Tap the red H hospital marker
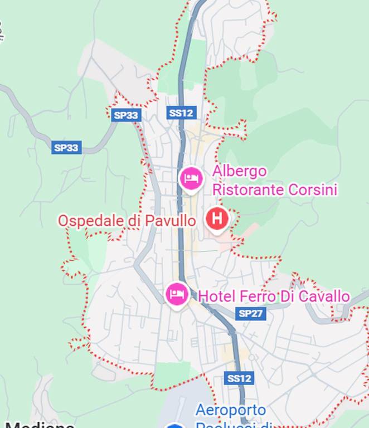click(x=216, y=218)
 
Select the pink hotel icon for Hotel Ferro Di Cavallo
click(x=177, y=293)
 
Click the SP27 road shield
click(x=250, y=313)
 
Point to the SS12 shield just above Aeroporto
click(x=239, y=378)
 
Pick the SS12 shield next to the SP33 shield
click(x=181, y=113)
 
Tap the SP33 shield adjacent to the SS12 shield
click(x=125, y=115)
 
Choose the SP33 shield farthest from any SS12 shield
click(x=66, y=148)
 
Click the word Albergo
click(x=239, y=172)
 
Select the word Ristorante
click(x=248, y=190)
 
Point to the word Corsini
click(x=313, y=190)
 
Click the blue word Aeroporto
click(x=230, y=411)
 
